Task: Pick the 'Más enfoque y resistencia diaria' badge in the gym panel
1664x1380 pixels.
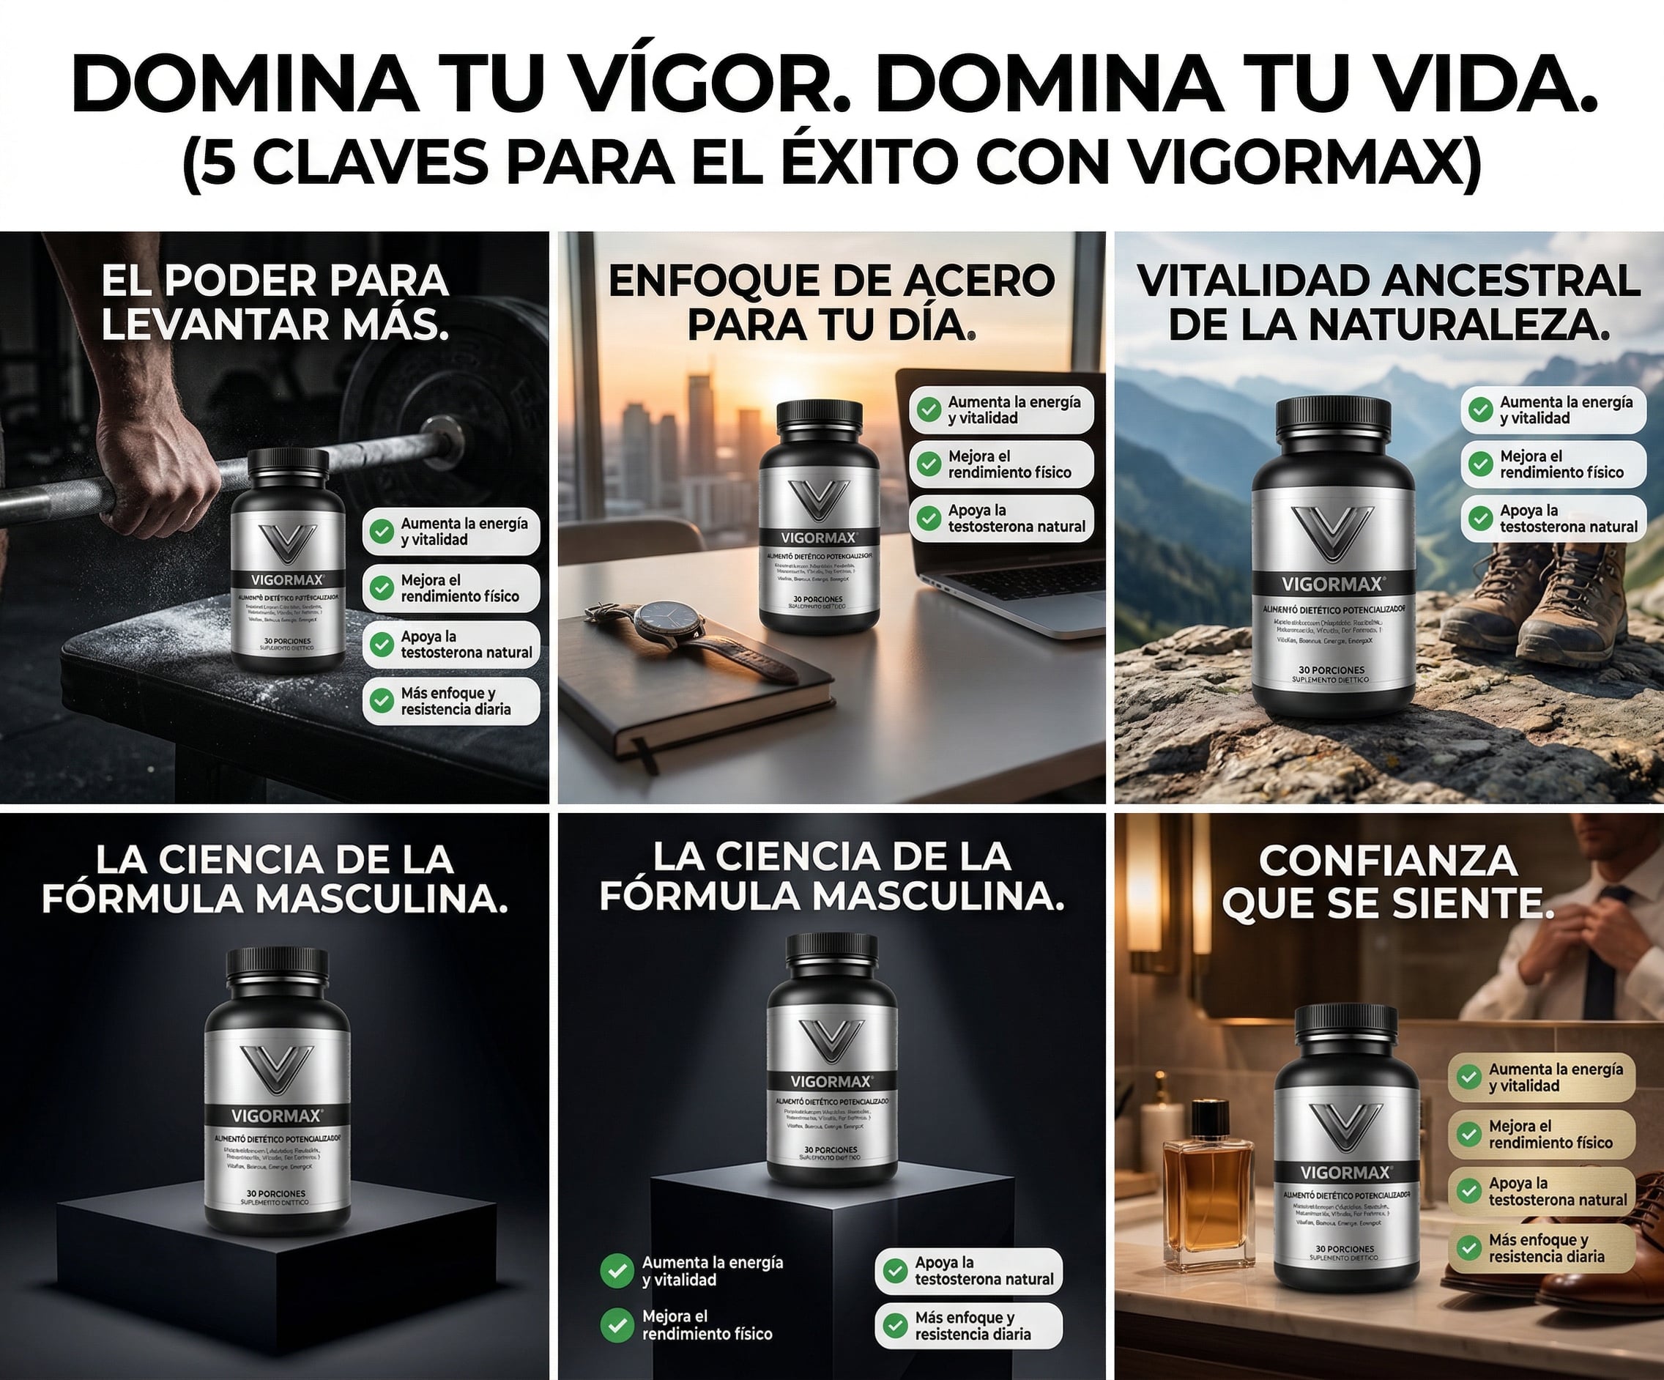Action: (451, 702)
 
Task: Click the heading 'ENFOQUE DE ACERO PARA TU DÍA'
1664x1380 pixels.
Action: (831, 303)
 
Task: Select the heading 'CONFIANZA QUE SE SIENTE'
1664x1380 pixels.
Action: (1388, 881)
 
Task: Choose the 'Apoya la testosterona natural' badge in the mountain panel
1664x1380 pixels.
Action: (1554, 519)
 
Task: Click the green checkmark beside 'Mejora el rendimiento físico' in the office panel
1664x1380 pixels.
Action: (928, 464)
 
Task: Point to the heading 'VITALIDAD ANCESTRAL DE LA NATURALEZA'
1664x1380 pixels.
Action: (1388, 303)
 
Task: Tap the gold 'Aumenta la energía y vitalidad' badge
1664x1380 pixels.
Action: (1541, 1077)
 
